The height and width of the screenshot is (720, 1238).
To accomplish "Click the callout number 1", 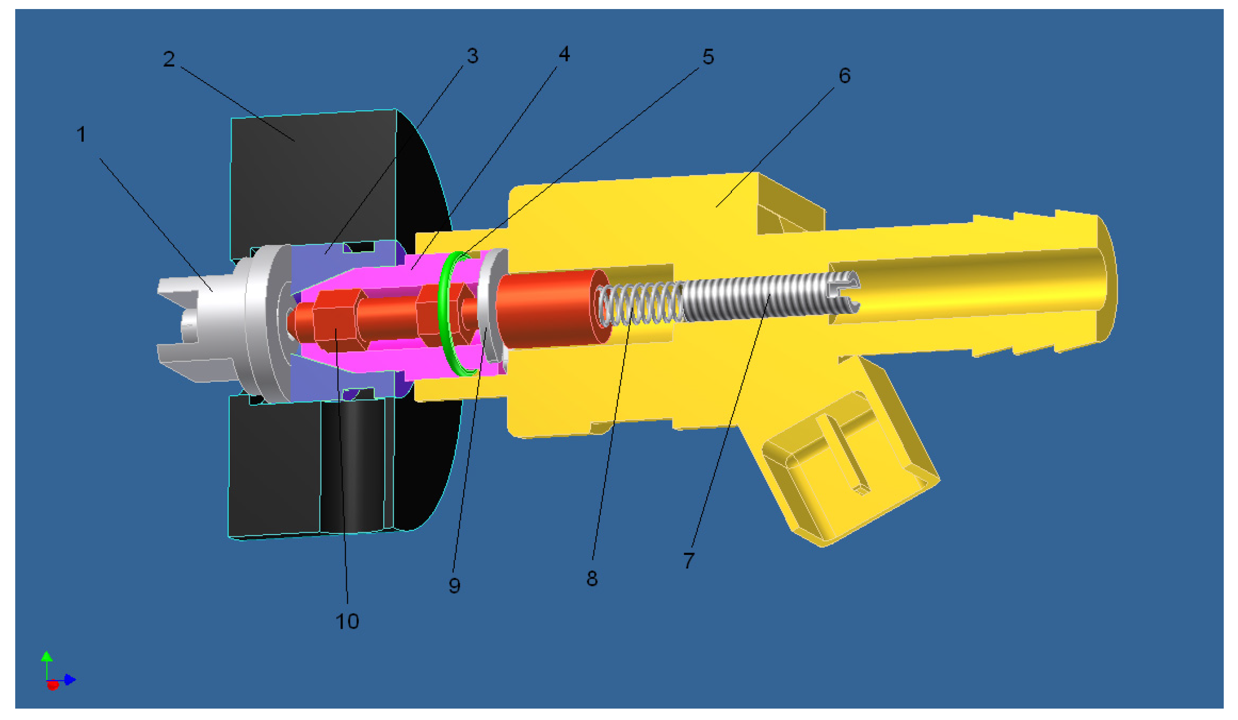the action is pos(81,134).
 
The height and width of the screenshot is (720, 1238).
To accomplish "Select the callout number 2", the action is pos(169,59).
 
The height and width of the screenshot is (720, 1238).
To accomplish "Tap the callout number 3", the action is pos(472,56).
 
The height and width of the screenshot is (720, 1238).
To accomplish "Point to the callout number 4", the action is pos(564,54).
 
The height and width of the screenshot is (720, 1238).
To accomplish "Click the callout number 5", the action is pos(708,57).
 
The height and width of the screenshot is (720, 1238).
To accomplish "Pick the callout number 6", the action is pos(845,76).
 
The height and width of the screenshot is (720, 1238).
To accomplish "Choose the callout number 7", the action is pos(689,560).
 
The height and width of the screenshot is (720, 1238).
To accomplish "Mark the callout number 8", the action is pos(592,579).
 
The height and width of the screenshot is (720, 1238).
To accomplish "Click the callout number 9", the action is pos(454,585).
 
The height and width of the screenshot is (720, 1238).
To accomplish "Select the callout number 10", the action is pos(347,622).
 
